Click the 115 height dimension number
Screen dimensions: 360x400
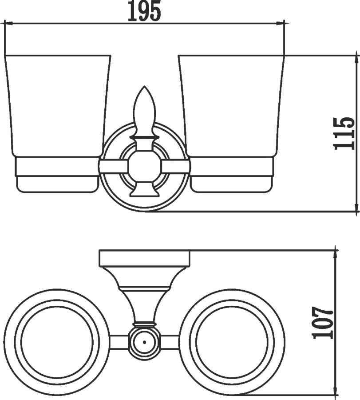344,133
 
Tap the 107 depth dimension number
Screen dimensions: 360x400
323,323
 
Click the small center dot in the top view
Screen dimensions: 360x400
144,342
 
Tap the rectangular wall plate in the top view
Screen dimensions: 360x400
144,259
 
